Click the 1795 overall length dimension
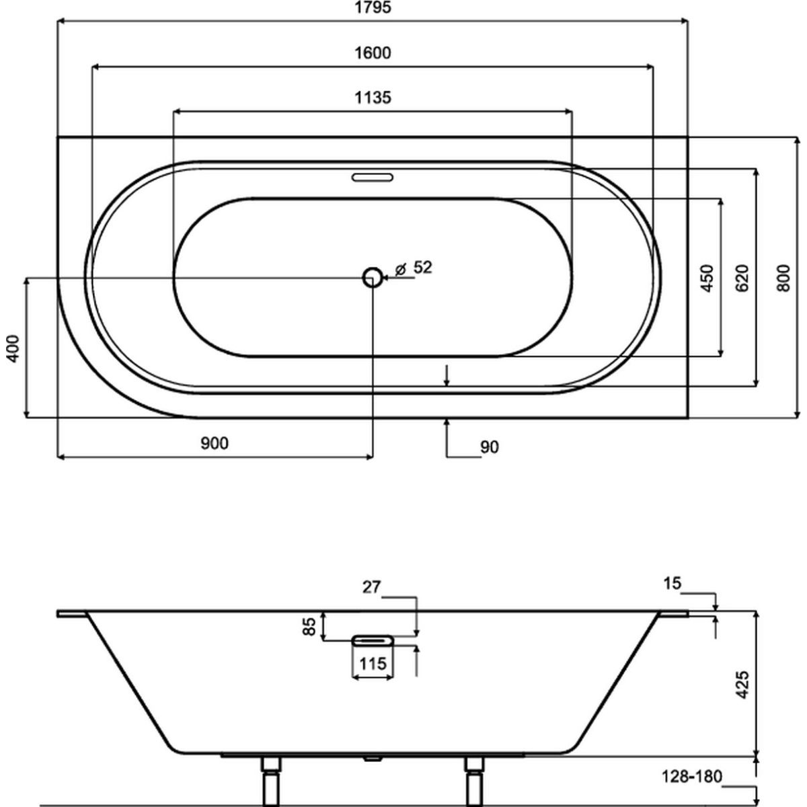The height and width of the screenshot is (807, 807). (x=373, y=7)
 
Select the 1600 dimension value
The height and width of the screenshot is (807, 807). (x=373, y=53)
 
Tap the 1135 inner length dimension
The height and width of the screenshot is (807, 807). (x=373, y=98)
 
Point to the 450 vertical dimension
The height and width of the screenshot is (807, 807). (x=707, y=278)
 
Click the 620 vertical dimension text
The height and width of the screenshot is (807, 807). (x=742, y=278)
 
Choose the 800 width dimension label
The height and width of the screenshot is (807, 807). (x=783, y=278)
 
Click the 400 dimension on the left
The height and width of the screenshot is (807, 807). (x=13, y=348)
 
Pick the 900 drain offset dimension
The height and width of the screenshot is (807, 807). (x=215, y=443)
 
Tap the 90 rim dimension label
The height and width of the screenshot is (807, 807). (x=490, y=447)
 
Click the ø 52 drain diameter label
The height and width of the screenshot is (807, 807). (x=414, y=268)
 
